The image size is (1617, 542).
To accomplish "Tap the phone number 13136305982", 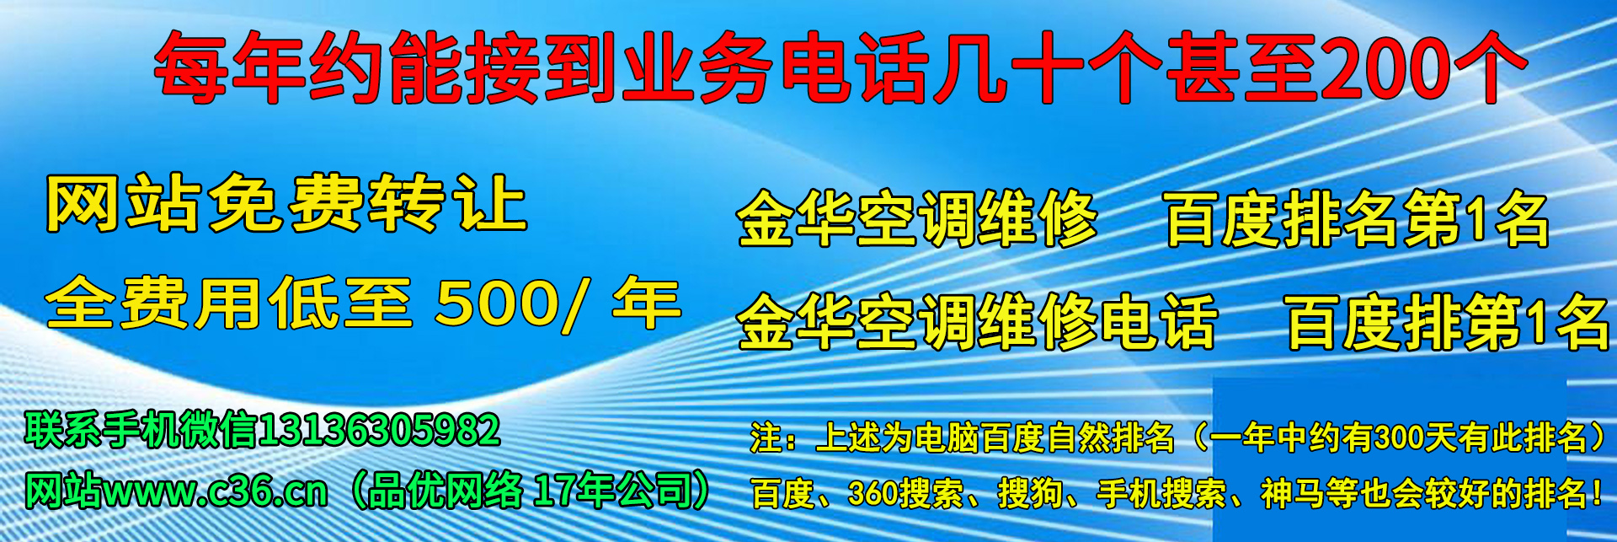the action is (x=378, y=431).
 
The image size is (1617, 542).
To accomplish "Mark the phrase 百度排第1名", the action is (x=1448, y=322).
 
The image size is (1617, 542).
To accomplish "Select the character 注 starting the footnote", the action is (x=766, y=437).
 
